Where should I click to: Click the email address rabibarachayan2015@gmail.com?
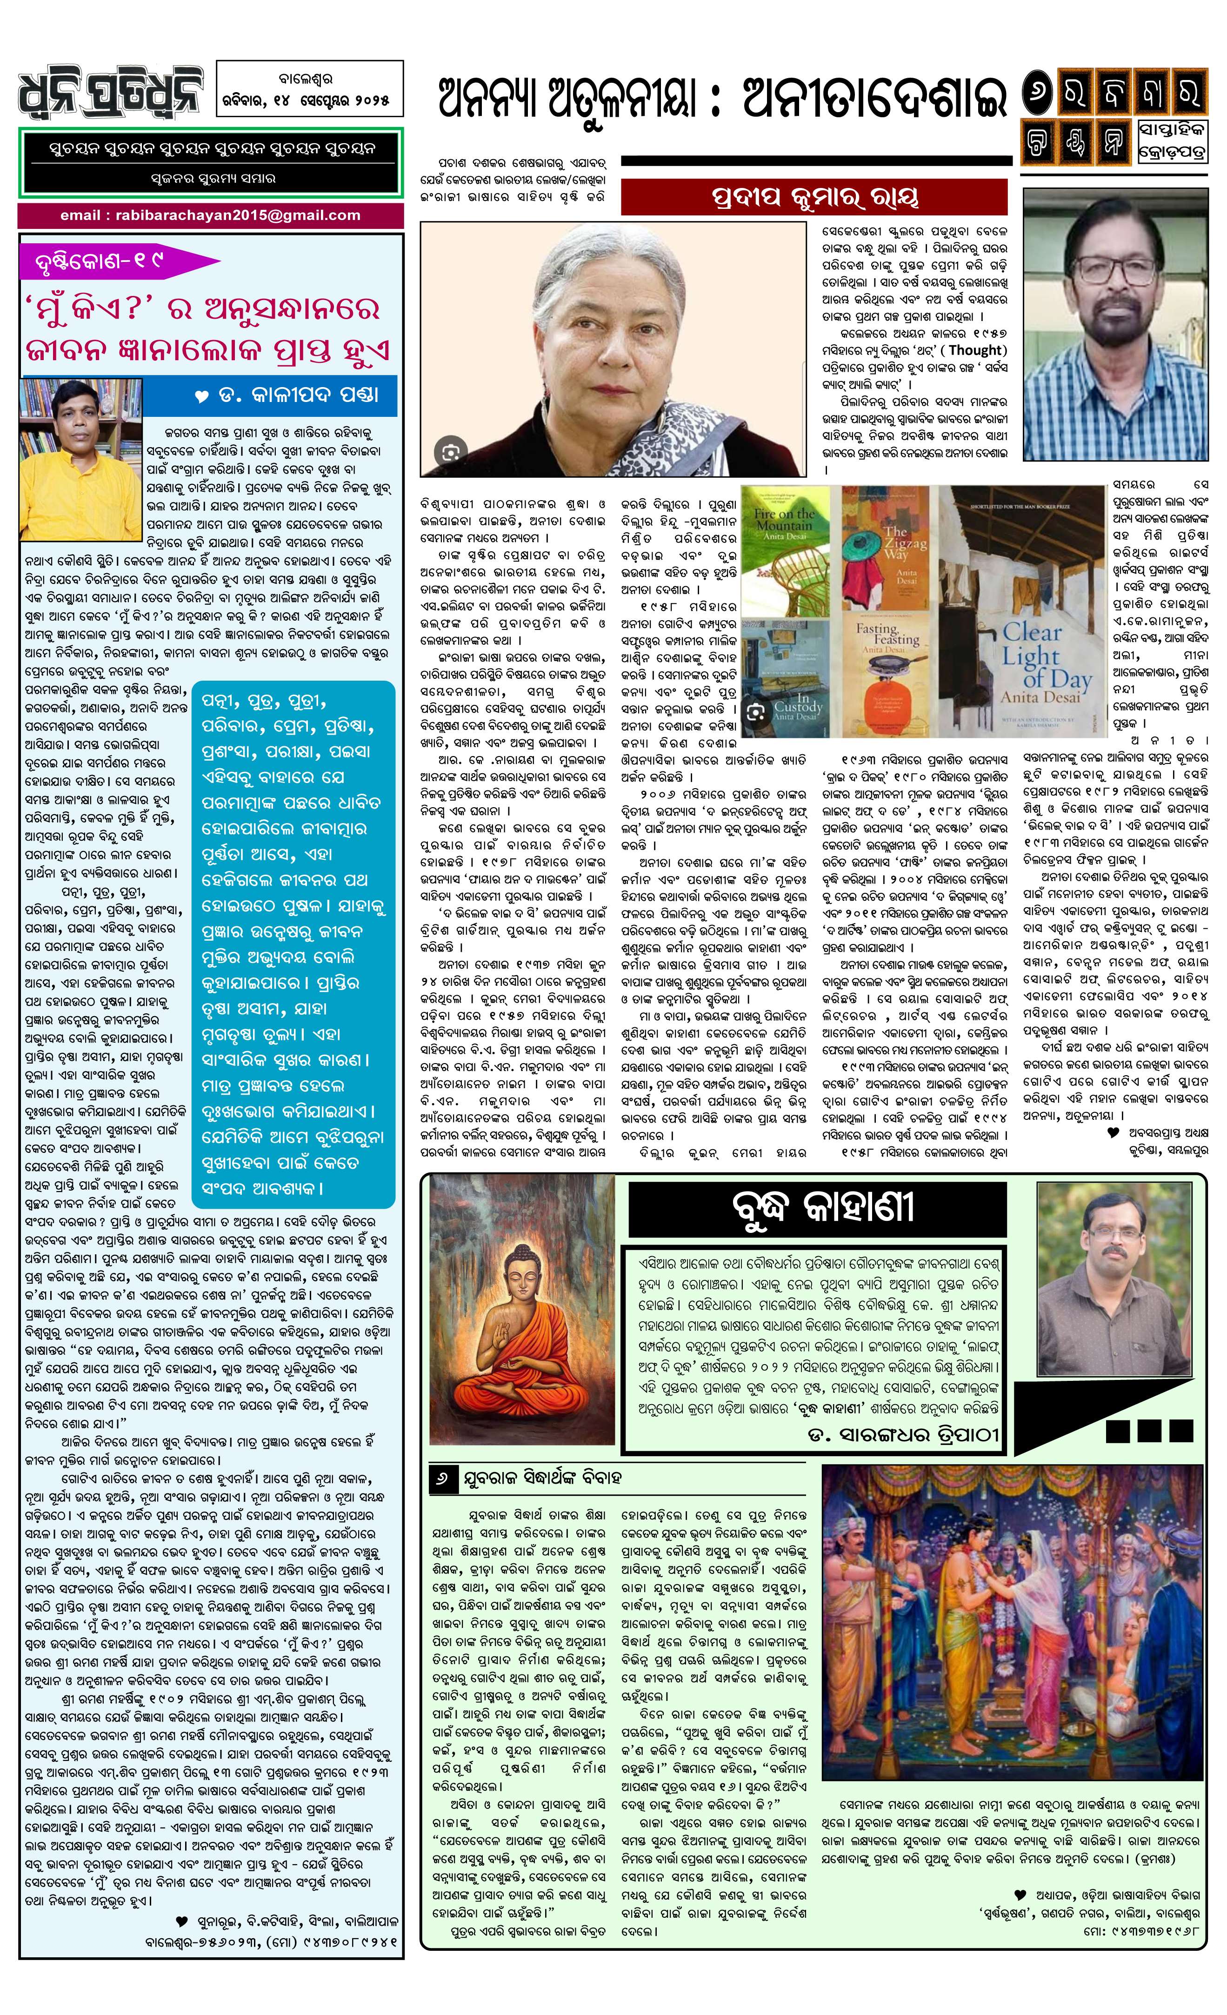point(210,216)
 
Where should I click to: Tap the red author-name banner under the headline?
point(814,198)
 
